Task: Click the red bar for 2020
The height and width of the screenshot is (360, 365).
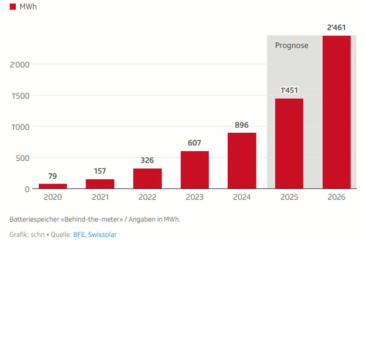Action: (53, 186)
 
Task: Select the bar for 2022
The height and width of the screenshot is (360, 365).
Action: (147, 179)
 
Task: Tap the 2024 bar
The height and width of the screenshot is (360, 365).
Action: (242, 161)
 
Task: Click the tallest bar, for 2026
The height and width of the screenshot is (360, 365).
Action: (336, 112)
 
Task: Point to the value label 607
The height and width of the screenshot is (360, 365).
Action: (194, 143)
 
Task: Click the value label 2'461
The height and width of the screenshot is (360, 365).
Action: (336, 28)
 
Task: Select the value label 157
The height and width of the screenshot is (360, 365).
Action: (100, 171)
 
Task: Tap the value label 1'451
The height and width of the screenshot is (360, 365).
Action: (289, 90)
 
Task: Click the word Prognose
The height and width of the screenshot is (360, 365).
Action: (292, 45)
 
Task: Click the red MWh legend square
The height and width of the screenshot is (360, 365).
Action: (13, 7)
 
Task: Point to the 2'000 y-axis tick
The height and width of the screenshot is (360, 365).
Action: (19, 64)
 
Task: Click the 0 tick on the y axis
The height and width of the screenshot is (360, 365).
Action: (27, 189)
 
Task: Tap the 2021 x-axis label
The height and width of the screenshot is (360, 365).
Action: (100, 197)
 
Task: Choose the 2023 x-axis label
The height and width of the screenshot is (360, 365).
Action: (194, 197)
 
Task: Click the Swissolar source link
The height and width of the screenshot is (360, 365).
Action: (103, 234)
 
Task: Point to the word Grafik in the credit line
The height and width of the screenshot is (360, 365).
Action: (18, 234)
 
